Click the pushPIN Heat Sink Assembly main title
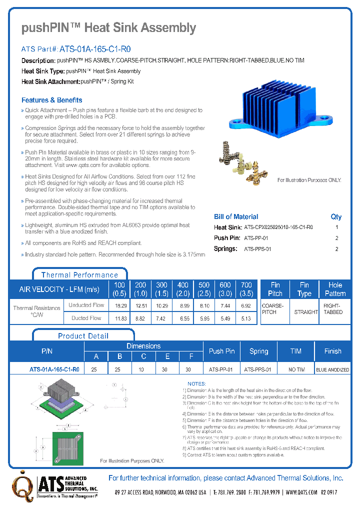click(108, 28)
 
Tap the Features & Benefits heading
click(51, 100)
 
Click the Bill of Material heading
click(236, 216)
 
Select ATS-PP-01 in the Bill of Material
click(256, 238)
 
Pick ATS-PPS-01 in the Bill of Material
click(257, 249)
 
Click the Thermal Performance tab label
click(79, 274)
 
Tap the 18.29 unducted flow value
click(119, 305)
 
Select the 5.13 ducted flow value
click(245, 318)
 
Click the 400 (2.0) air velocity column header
click(183, 289)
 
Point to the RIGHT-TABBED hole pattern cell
click(333, 308)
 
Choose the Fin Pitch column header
click(275, 289)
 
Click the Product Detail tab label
click(83, 336)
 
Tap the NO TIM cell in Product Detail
click(296, 369)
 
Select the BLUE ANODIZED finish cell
click(332, 369)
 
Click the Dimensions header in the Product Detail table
click(143, 346)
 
